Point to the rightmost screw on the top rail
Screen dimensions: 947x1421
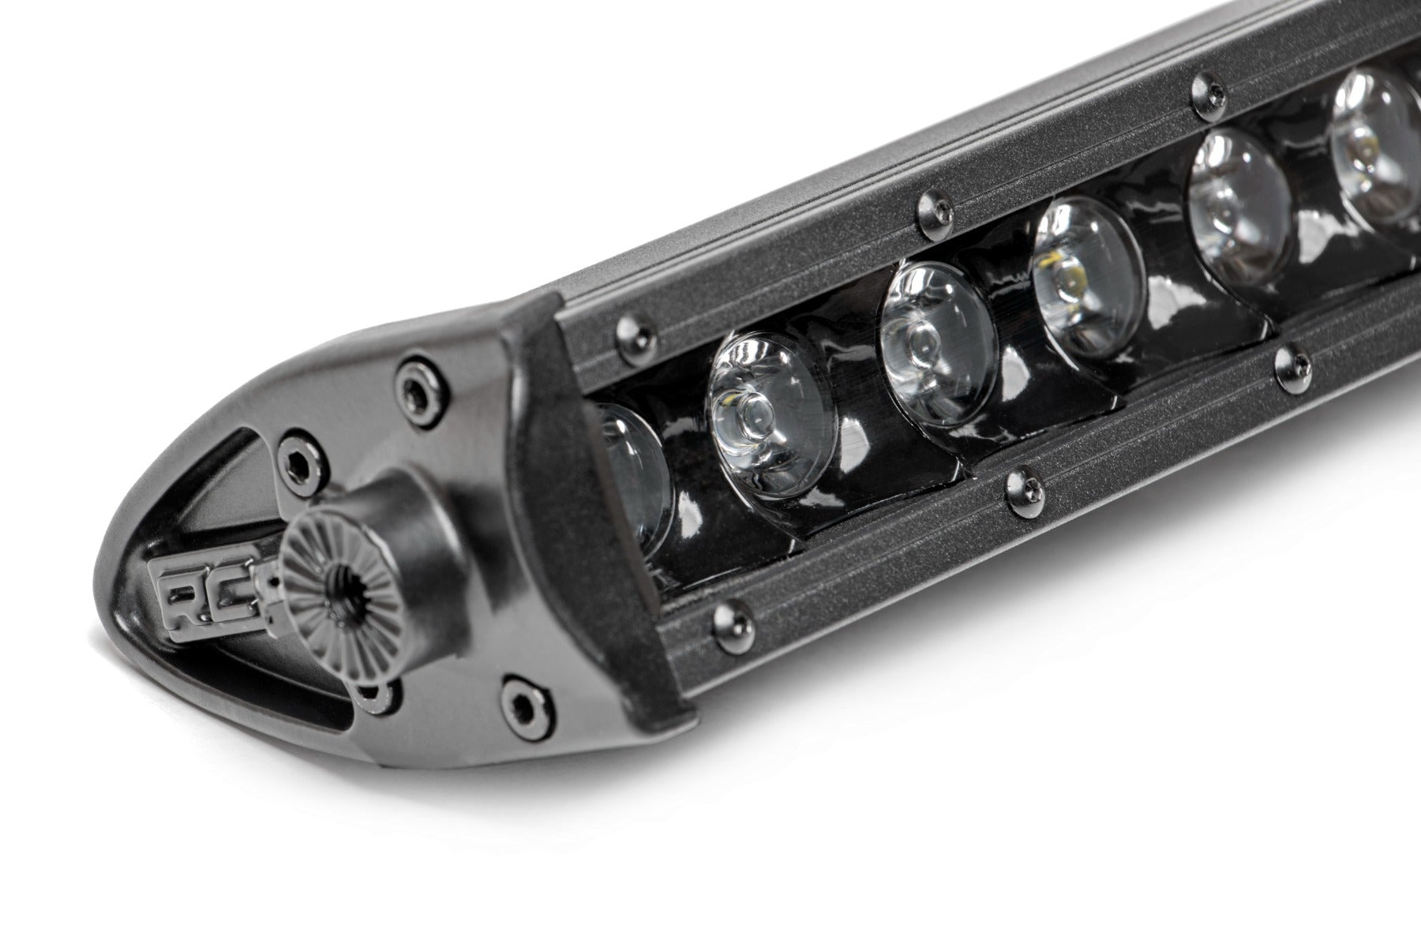[1202, 92]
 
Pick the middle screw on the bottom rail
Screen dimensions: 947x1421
[1021, 488]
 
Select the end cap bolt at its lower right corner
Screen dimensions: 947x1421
[517, 699]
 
